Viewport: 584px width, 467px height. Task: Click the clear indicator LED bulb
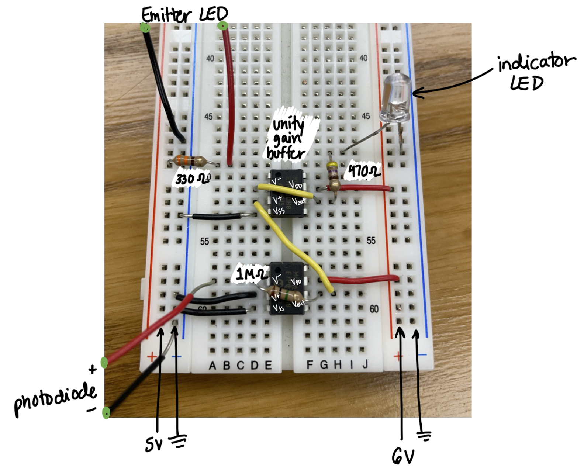click(x=396, y=98)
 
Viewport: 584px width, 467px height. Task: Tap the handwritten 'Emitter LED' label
click(x=184, y=15)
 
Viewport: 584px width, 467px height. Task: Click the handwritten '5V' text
click(x=154, y=444)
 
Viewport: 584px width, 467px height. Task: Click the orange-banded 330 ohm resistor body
click(x=190, y=161)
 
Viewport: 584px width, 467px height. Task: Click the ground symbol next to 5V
click(x=178, y=441)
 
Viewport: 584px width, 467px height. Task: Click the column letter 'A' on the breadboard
click(x=212, y=365)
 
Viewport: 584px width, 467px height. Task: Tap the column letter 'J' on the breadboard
click(x=365, y=364)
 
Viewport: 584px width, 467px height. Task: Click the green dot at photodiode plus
click(x=104, y=362)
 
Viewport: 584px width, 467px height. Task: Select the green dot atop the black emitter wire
click(x=146, y=28)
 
